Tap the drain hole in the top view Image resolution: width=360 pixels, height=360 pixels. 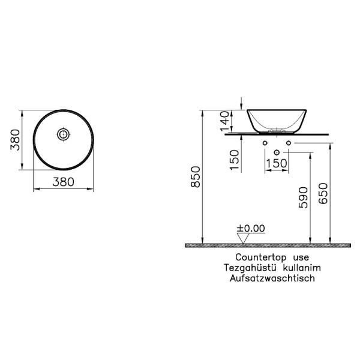click(x=62, y=135)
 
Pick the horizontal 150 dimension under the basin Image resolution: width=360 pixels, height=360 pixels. click(x=276, y=163)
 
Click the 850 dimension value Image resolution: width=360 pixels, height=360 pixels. click(x=195, y=177)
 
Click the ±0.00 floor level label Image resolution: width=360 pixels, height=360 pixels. click(x=250, y=228)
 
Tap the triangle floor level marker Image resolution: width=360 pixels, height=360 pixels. click(x=243, y=238)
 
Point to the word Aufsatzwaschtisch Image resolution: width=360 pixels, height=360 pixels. click(x=267, y=278)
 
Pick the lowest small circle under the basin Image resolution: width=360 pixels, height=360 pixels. click(x=276, y=152)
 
